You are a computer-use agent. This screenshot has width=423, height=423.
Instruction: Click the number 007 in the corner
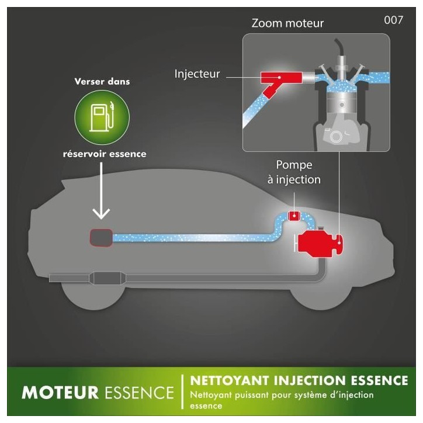point(394,20)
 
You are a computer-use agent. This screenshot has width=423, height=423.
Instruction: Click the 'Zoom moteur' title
point(287,23)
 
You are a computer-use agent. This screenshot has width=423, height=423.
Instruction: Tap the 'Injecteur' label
point(197,74)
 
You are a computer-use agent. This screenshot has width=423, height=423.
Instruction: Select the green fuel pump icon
point(102,117)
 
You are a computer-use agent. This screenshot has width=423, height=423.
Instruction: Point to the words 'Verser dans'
point(102,81)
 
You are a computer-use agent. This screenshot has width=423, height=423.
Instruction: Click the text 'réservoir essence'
point(105,154)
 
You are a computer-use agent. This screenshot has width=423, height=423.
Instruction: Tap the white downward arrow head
point(101,213)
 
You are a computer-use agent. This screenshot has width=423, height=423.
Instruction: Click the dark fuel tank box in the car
point(101,238)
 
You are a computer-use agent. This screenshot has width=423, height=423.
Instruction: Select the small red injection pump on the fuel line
point(294,216)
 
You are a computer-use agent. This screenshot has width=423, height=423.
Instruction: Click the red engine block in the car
point(320,244)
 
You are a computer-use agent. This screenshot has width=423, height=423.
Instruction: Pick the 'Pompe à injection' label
point(294,172)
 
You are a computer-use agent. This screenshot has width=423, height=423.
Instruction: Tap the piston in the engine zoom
point(342,103)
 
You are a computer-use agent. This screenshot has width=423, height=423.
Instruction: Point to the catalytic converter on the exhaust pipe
point(108,279)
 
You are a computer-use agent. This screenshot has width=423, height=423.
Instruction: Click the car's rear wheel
point(93,296)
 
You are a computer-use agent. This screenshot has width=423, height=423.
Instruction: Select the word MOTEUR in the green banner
point(60,393)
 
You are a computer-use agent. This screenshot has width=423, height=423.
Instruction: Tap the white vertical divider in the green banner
point(183,391)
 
